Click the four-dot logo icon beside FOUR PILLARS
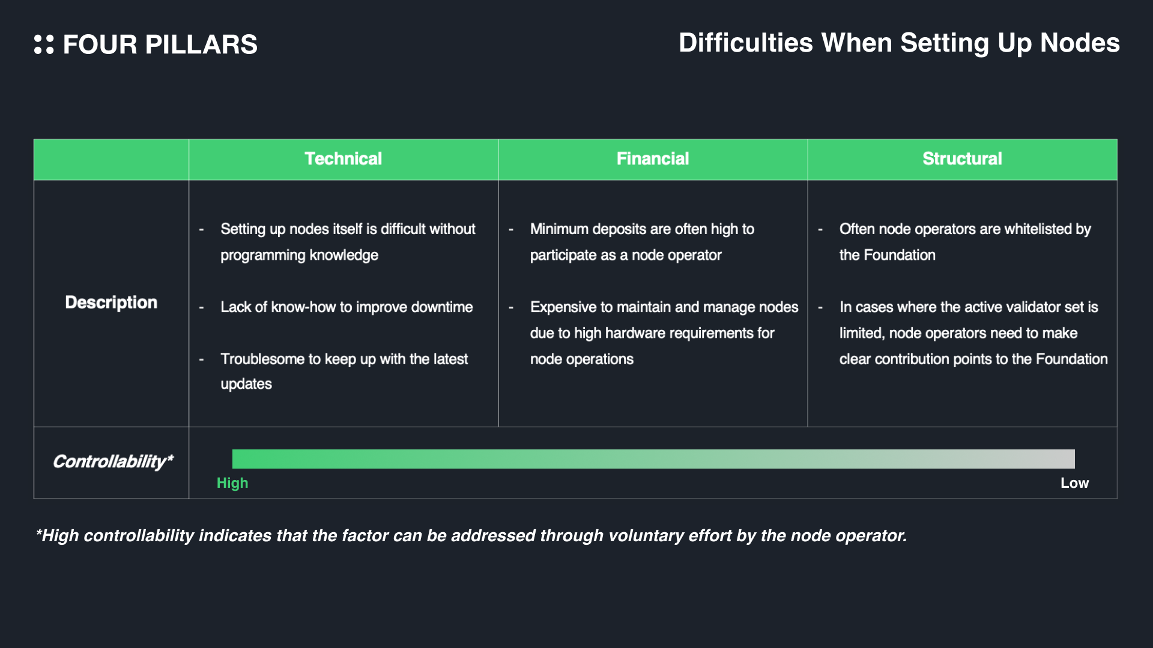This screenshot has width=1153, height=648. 44,44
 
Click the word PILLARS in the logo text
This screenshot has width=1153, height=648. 201,45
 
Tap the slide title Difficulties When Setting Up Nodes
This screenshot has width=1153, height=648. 899,43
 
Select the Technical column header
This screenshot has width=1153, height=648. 343,159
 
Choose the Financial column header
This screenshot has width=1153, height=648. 653,159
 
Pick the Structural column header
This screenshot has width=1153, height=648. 962,159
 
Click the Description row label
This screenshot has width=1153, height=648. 111,302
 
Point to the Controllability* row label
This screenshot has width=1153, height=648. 113,461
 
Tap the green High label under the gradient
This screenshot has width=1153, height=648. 232,483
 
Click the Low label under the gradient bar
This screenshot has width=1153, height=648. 1074,483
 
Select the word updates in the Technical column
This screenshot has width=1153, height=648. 246,384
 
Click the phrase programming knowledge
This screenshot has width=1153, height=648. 299,256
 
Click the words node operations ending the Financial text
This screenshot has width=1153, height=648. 581,359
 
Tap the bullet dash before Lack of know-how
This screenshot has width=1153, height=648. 202,308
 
